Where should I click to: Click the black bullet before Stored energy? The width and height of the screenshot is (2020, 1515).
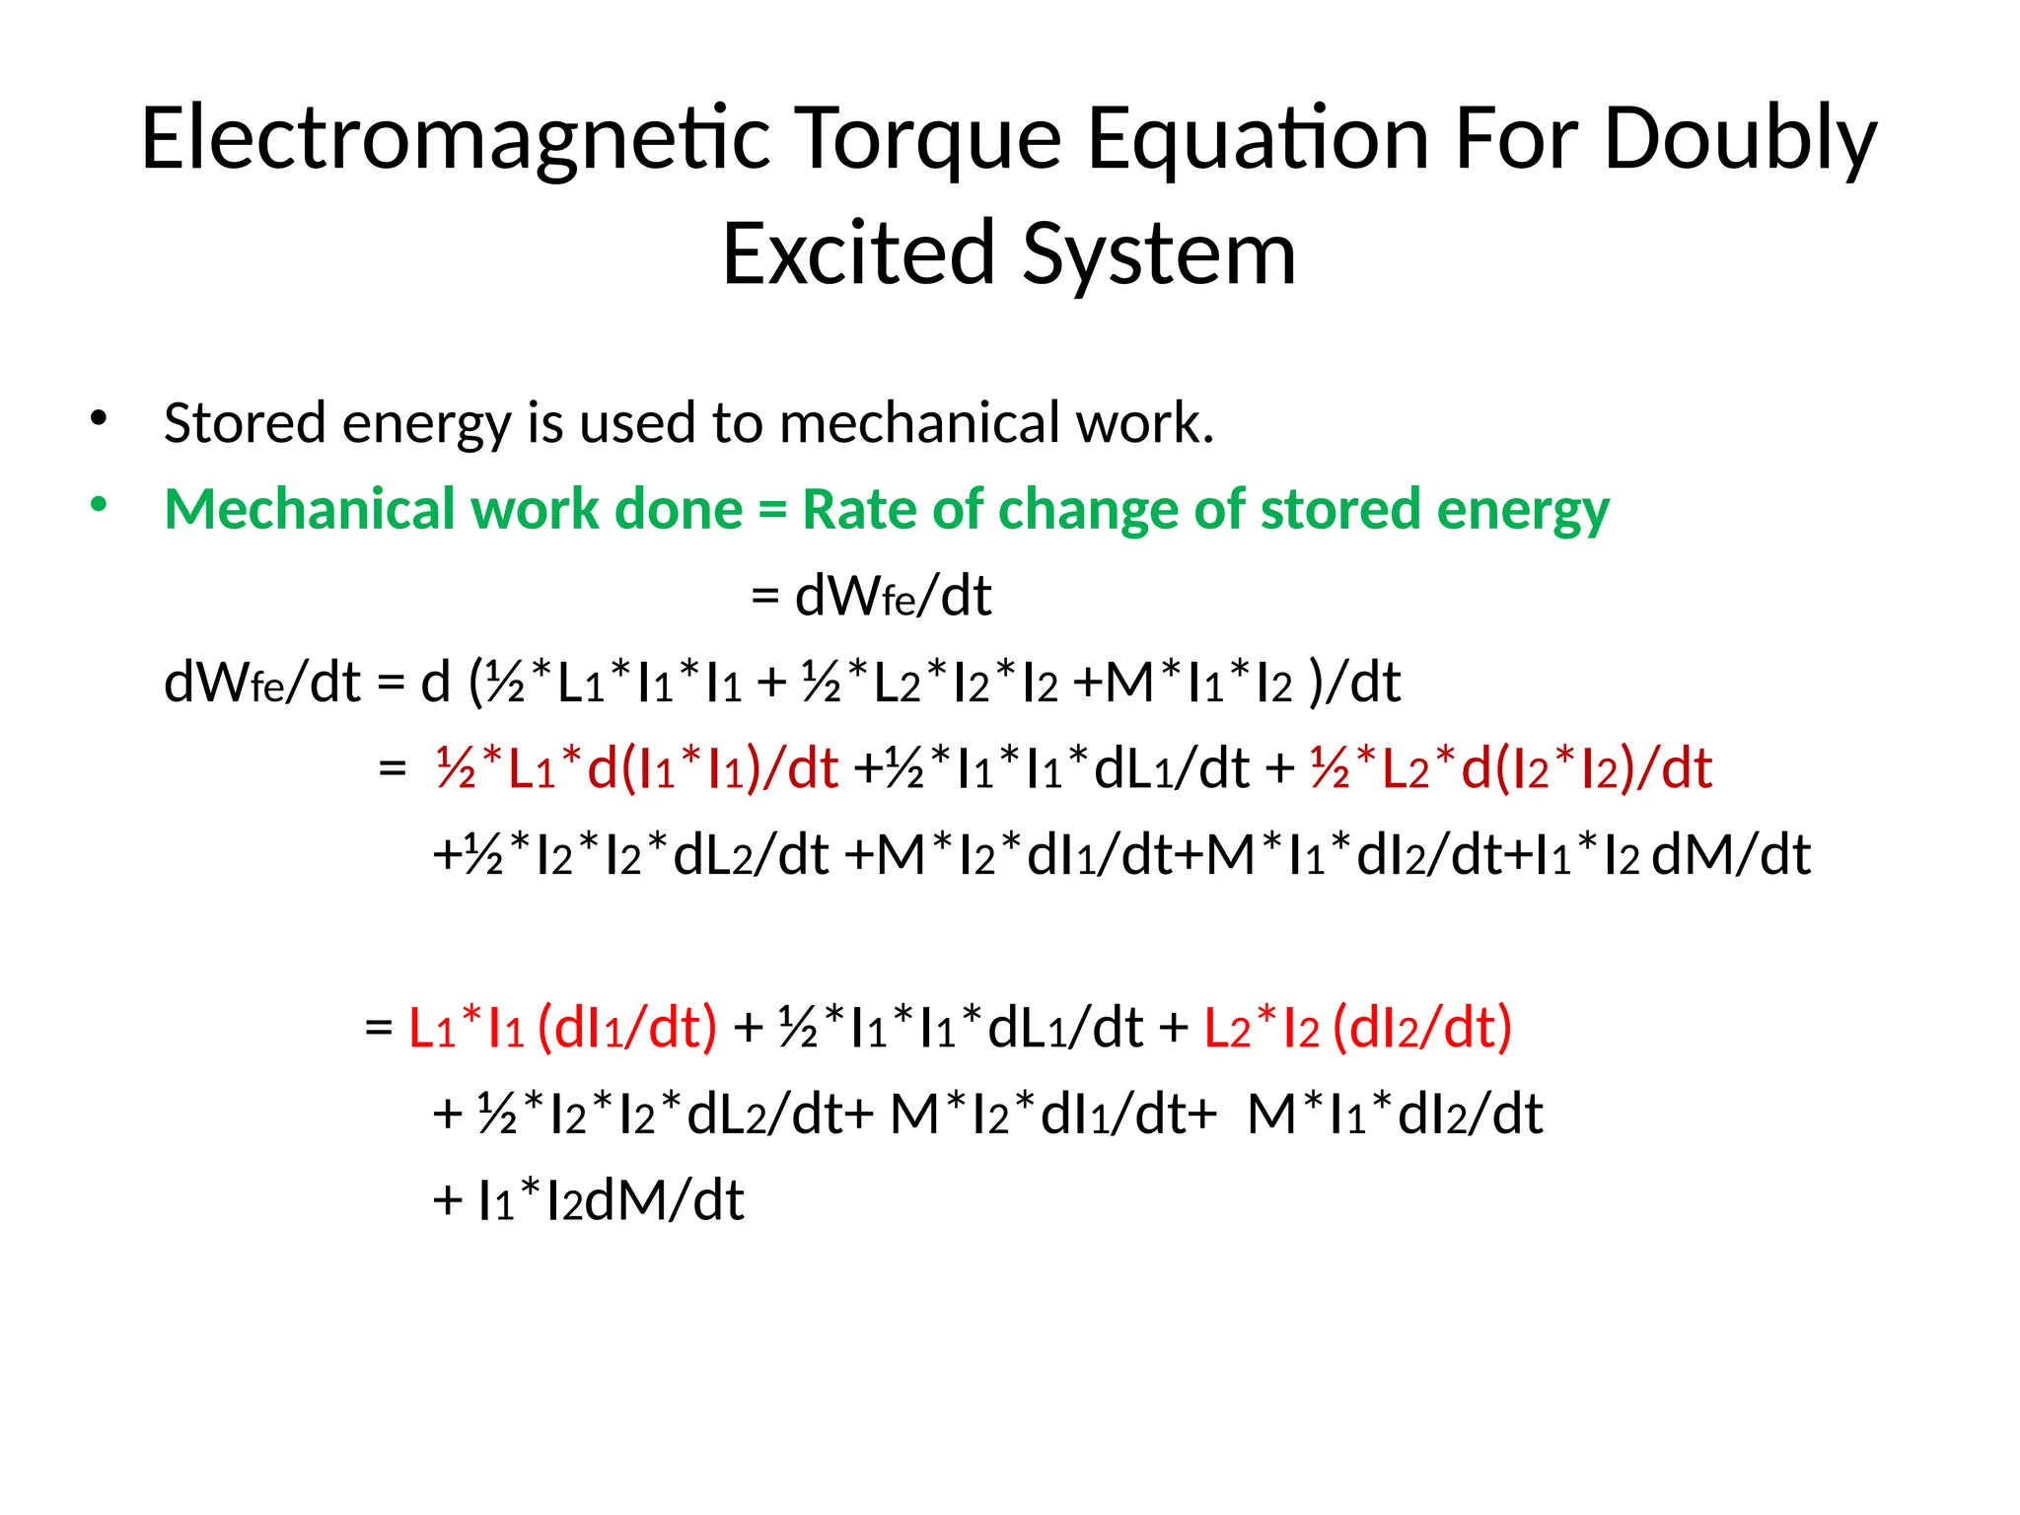pos(98,418)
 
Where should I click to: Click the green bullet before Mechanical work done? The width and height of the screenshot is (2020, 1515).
pos(98,505)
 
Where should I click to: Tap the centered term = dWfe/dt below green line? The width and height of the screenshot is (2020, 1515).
pos(871,595)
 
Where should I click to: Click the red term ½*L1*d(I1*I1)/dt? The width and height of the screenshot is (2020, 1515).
pos(636,768)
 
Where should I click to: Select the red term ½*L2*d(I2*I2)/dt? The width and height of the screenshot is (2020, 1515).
pos(1511,768)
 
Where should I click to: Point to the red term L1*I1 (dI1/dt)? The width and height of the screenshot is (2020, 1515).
pos(562,1028)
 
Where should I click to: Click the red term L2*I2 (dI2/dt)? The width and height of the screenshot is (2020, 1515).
pos(1358,1028)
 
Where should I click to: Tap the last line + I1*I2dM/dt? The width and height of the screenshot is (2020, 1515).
pos(589,1200)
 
